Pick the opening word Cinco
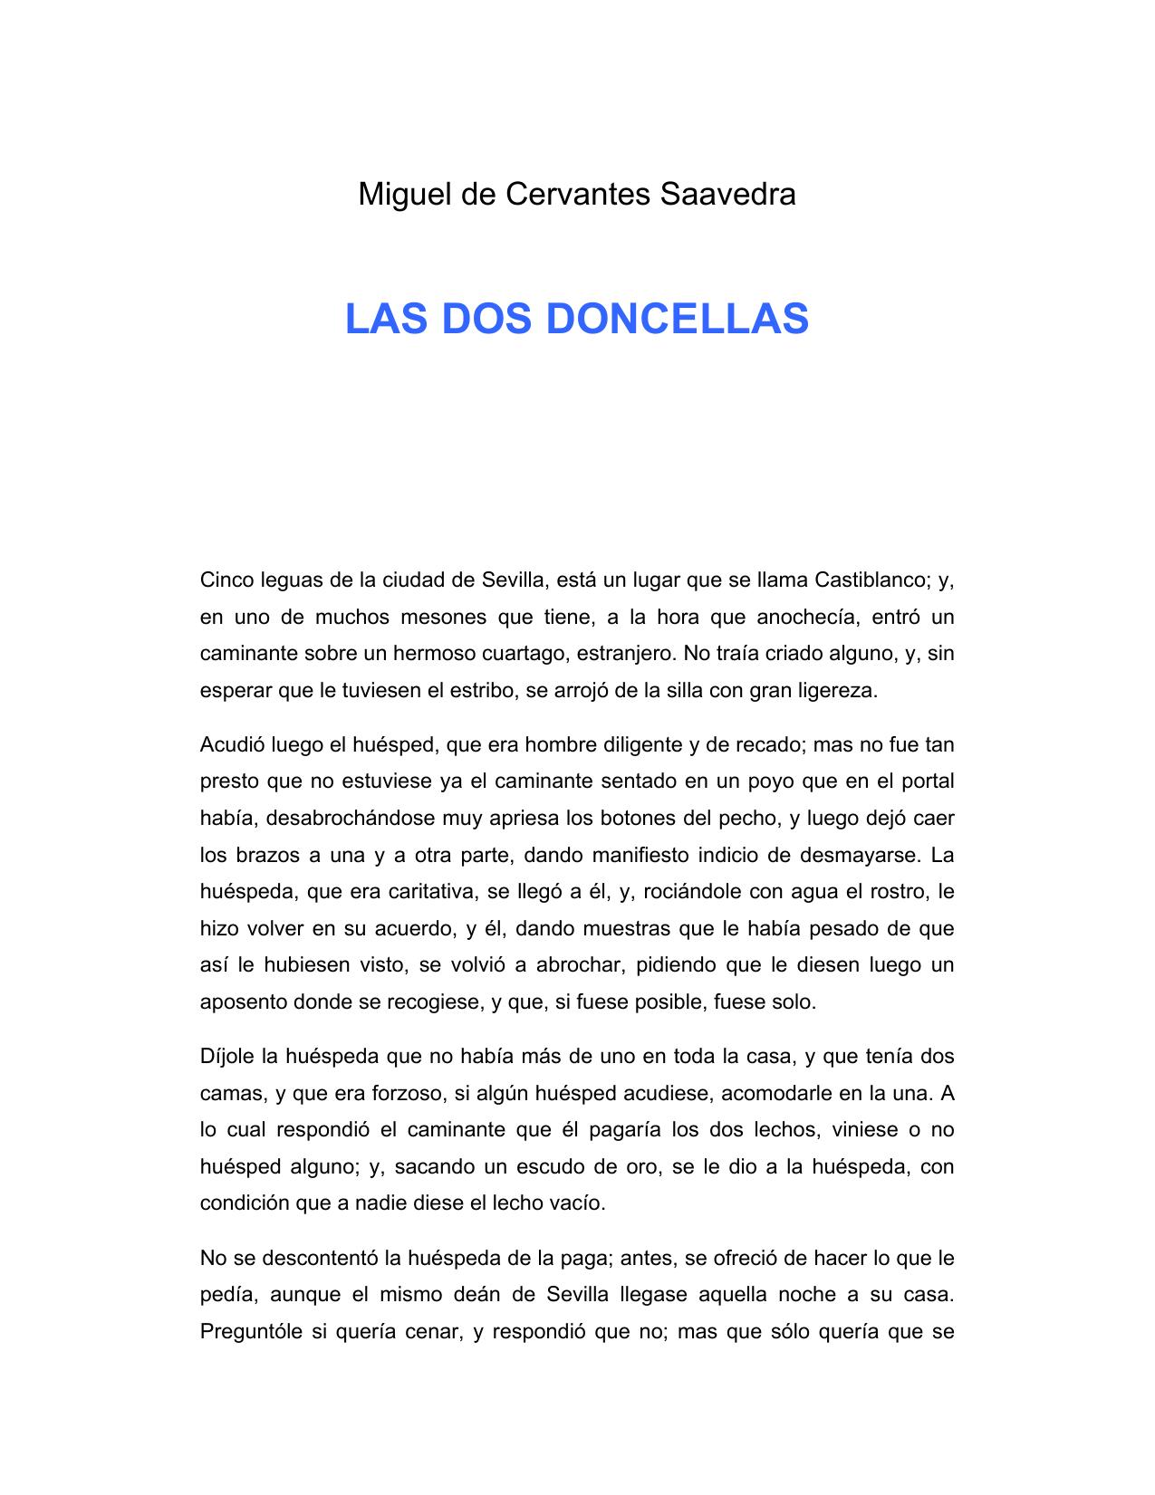226,580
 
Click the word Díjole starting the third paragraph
226,1057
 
